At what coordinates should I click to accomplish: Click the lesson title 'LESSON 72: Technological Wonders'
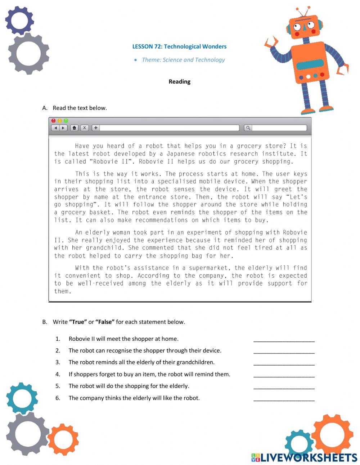179,46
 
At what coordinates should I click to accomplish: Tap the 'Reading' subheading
179,82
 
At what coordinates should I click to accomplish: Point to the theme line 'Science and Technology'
183,60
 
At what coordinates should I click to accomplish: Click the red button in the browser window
54,121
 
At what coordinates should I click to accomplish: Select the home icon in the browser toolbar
74,128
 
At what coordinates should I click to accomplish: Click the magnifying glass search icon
248,128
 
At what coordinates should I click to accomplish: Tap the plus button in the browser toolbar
95,128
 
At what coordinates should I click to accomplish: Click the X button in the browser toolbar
84,128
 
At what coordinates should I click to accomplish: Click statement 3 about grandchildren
141,362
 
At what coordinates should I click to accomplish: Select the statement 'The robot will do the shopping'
129,386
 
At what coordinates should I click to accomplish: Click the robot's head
303,26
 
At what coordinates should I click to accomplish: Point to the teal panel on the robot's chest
310,65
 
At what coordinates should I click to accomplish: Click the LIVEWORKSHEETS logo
304,457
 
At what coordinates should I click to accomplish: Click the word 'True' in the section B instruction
78,322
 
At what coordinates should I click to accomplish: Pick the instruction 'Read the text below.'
80,108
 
